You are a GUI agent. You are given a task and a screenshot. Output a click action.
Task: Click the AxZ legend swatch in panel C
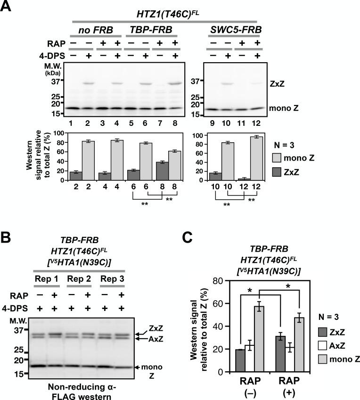tap(323, 346)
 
